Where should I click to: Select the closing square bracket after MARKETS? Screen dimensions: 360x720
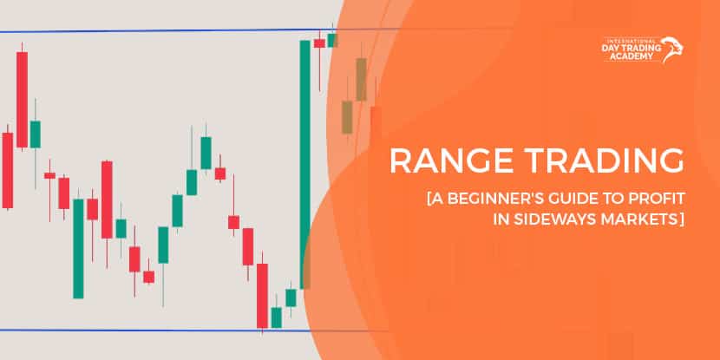tap(683, 222)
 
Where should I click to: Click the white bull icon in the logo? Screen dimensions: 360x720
tap(673, 49)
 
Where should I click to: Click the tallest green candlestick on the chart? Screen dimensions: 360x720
tap(305, 164)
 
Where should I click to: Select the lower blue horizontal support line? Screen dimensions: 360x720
tap(130, 330)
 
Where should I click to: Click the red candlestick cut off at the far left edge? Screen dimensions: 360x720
tap(7, 170)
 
